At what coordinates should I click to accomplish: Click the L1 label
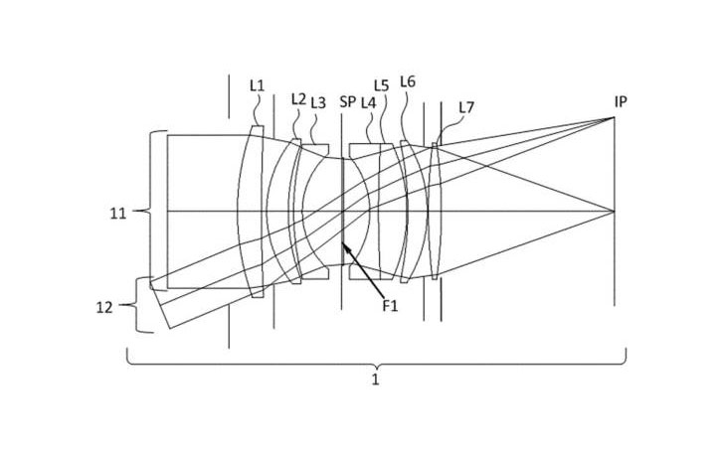[257, 85]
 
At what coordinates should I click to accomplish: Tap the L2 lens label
[298, 99]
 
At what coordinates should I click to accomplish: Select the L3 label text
[318, 103]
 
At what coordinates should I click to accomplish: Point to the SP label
[348, 102]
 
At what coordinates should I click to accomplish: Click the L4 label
[368, 103]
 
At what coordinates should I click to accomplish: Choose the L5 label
[382, 85]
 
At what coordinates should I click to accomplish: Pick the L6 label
[408, 82]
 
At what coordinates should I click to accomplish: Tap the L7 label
[466, 107]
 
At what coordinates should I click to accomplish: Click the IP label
[621, 102]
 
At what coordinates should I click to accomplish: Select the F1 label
[390, 305]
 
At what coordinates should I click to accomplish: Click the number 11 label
[117, 214]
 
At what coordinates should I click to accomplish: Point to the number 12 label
[104, 308]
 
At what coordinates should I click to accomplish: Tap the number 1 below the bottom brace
[375, 381]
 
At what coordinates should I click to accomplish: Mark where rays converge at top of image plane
[614, 117]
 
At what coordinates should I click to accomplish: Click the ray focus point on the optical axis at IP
[614, 212]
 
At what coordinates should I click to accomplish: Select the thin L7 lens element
[435, 212]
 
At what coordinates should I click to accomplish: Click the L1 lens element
[253, 212]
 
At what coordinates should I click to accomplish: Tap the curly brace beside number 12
[136, 305]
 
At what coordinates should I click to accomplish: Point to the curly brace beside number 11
[150, 211]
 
